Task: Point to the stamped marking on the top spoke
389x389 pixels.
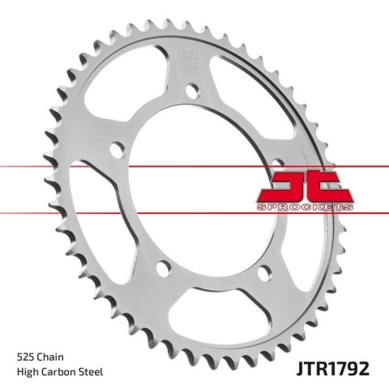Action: [x=191, y=60]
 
